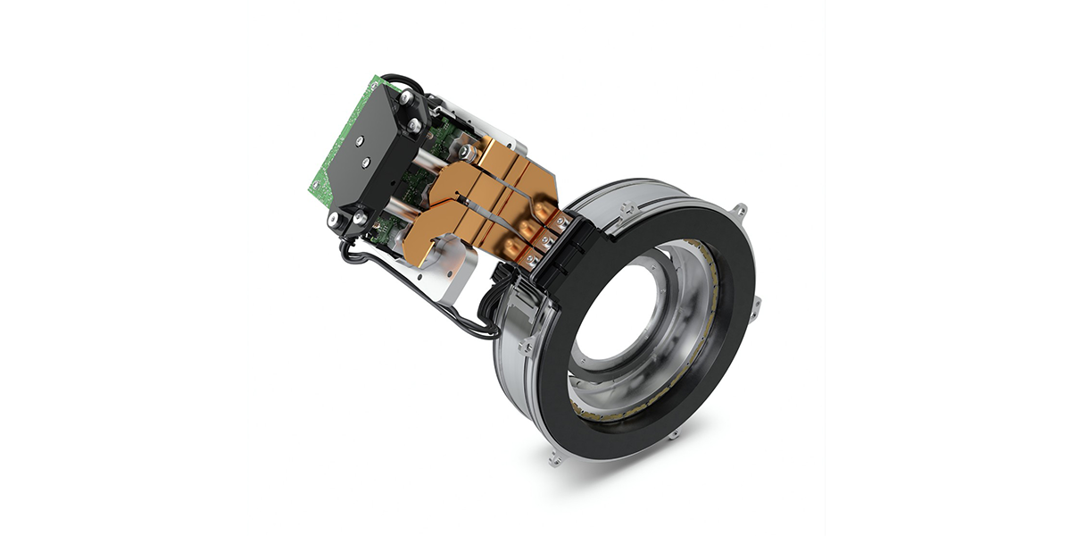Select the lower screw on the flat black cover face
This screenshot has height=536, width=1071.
tap(366, 163)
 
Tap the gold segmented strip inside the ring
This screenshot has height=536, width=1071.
tap(705, 357)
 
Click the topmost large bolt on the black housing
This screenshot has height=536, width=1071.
tap(406, 96)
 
